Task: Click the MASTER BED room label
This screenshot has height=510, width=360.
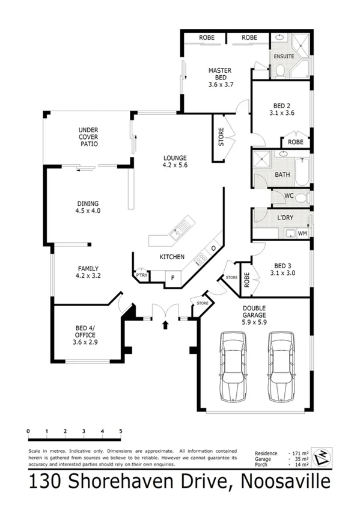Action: (221, 77)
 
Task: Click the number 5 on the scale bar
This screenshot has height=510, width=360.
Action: (121, 431)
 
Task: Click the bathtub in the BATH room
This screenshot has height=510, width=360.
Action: (302, 171)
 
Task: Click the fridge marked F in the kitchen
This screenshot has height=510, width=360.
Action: (173, 278)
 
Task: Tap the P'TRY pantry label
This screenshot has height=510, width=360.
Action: (142, 275)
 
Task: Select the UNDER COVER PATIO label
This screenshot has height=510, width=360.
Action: (88, 137)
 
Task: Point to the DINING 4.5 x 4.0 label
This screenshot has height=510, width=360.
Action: (88, 207)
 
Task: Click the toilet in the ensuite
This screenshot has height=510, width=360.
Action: (280, 70)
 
